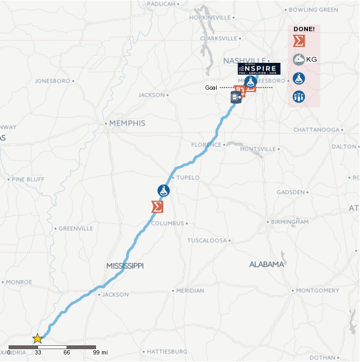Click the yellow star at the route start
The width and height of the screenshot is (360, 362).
click(38, 339)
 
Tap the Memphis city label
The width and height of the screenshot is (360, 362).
click(127, 123)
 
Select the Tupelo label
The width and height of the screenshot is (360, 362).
click(188, 177)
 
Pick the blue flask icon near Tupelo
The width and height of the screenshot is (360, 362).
click(164, 190)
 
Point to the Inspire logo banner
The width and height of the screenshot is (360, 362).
click(259, 68)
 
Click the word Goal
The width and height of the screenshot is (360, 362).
click(211, 88)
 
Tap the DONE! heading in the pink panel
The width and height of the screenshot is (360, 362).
click(304, 28)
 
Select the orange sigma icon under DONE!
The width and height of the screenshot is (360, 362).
click(299, 41)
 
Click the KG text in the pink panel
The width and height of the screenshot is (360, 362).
click(311, 59)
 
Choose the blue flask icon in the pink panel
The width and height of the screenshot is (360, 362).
click(299, 78)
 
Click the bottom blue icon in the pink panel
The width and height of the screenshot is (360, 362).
click(299, 97)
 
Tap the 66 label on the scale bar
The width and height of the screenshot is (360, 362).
click(67, 352)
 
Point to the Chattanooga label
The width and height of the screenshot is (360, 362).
click(317, 129)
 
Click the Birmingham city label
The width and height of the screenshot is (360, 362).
click(290, 221)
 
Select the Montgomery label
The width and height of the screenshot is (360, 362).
click(318, 290)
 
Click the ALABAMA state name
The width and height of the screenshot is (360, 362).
click(266, 264)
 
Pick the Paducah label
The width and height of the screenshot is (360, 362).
click(160, 4)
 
